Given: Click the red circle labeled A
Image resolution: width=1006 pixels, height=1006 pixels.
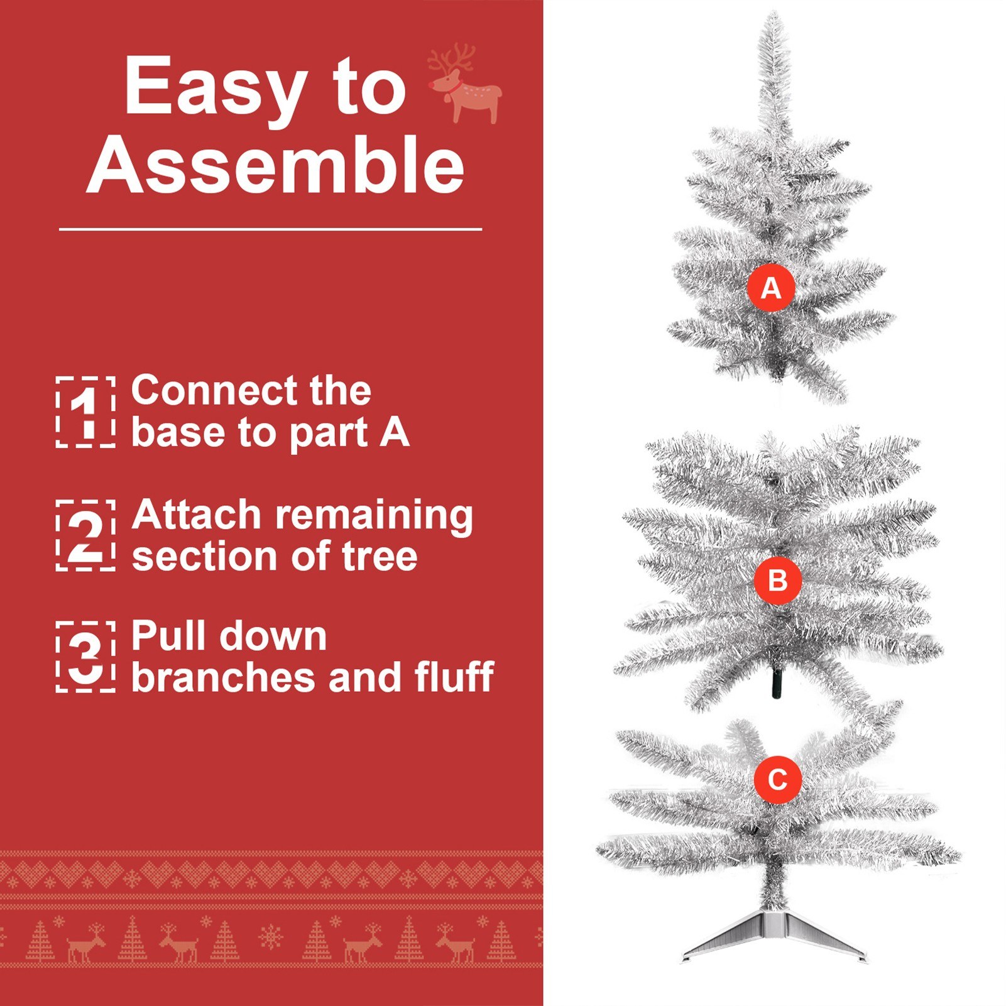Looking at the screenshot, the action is point(771,288).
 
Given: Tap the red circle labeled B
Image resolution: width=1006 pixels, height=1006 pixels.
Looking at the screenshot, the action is point(778,580).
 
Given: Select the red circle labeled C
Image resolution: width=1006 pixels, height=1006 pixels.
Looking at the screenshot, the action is point(778,779).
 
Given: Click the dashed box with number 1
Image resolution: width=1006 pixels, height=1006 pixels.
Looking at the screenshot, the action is point(85,412).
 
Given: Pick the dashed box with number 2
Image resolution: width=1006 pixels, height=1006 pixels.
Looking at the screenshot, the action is point(85,535).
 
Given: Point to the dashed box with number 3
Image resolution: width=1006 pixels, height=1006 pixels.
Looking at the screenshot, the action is point(85,657).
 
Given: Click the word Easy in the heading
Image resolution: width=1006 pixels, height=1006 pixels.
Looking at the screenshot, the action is point(216,87).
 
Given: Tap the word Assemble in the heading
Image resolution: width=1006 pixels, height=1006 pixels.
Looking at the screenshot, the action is point(276,165).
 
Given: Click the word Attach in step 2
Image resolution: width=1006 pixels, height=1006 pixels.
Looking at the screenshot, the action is point(196,515).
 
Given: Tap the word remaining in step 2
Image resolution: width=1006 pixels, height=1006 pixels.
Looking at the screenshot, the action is point(375,517).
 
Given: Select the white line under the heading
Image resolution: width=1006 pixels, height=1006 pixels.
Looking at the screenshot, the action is point(271,229).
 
